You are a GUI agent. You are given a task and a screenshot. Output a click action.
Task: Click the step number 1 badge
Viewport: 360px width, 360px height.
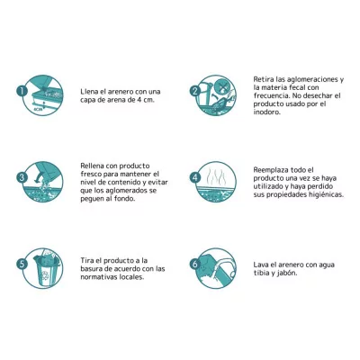22,91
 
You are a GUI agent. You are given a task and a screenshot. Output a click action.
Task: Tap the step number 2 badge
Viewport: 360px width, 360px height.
195,91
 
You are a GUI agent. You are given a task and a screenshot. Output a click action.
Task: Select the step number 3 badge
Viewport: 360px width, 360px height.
22,177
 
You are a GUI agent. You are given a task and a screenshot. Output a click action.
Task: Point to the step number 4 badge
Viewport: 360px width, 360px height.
195,177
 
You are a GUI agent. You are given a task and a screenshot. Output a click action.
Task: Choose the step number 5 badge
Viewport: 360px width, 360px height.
22,264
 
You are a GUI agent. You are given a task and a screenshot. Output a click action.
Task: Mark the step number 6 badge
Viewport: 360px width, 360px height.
195,264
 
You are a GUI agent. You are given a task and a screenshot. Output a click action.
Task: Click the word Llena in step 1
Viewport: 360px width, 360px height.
89,92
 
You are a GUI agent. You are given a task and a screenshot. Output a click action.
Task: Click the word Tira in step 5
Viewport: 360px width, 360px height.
87,260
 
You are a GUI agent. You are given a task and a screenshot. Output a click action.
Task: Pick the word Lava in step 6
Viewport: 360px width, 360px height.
260,265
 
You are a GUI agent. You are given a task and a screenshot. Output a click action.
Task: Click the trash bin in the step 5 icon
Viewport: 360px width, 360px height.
44,271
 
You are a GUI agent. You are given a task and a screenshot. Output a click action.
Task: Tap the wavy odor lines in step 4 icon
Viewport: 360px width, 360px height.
216,174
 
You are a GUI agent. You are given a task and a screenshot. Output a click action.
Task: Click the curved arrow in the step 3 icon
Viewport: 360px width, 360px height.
37,179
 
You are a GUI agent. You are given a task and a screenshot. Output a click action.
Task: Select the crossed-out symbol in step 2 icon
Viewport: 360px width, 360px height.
222,87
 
